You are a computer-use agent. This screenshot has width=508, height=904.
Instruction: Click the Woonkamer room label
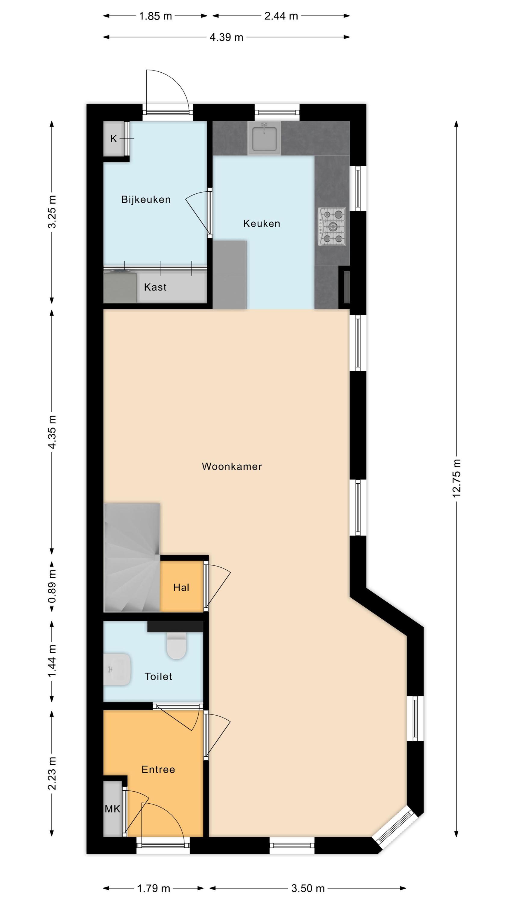pos(232,466)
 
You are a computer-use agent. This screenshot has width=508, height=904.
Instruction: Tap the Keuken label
pos(262,224)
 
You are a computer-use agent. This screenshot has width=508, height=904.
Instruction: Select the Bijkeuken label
pos(146,200)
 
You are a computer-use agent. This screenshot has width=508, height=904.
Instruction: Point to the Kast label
pos(155,287)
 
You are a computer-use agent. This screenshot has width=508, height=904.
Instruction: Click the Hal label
pos(181,588)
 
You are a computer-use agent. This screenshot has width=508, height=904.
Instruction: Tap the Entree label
pos(158,770)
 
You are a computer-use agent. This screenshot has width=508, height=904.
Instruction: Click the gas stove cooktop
pos(332,227)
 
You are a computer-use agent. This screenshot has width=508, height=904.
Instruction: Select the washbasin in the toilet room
pos(117,669)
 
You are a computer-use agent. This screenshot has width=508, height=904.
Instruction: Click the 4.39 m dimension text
pos(226,37)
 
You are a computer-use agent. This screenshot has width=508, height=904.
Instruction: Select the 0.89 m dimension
pos(52,587)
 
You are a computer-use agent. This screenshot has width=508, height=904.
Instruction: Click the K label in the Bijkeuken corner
pos(113,139)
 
